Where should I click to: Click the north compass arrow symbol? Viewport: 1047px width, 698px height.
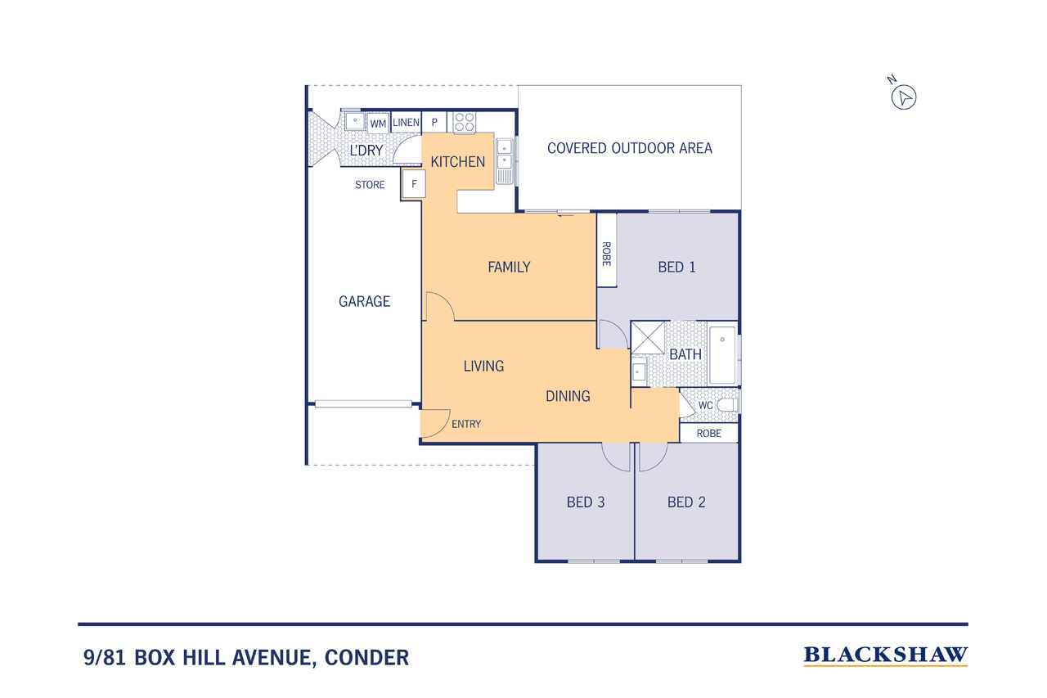pyautogui.click(x=904, y=97)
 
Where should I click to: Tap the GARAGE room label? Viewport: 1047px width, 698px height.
pyautogui.click(x=364, y=302)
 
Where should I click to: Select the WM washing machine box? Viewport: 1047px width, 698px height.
pyautogui.click(x=378, y=124)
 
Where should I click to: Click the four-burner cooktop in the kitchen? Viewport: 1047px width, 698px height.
pyautogui.click(x=464, y=122)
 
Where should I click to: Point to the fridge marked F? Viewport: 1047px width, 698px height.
pyautogui.click(x=414, y=184)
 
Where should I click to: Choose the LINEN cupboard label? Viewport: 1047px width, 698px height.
pyautogui.click(x=406, y=123)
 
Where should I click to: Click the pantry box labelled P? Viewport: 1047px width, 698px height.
pyautogui.click(x=434, y=123)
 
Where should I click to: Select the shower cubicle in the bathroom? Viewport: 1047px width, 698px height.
pyautogui.click(x=648, y=338)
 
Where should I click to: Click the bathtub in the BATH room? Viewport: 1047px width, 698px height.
pyautogui.click(x=722, y=356)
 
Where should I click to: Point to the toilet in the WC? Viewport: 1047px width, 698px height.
pyautogui.click(x=727, y=405)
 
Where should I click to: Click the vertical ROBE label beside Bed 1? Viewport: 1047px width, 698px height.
pyautogui.click(x=606, y=254)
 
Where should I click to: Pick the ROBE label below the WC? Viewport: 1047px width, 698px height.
pyautogui.click(x=708, y=434)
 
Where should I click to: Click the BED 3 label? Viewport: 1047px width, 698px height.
pyautogui.click(x=586, y=502)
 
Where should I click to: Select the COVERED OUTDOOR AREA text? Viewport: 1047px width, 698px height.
pyautogui.click(x=630, y=148)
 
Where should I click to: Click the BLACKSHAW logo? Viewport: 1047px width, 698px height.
pyautogui.click(x=885, y=656)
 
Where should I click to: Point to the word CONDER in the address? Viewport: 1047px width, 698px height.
pyautogui.click(x=366, y=658)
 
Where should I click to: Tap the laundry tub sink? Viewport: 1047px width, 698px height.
pyautogui.click(x=355, y=121)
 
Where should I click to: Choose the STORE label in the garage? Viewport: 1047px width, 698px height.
pyautogui.click(x=370, y=185)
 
